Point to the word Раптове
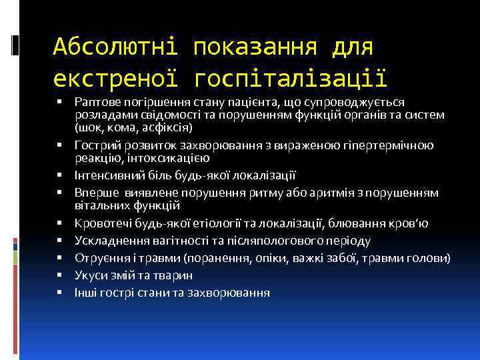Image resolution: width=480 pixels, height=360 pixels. point(96,101)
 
